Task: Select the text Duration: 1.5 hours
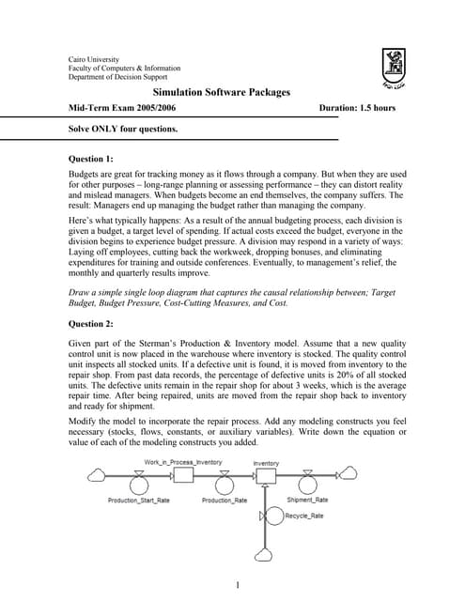[x=358, y=108]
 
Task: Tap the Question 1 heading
[x=98, y=159]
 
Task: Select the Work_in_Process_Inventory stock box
[x=183, y=475]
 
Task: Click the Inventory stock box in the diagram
[x=266, y=475]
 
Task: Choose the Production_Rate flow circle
[x=224, y=485]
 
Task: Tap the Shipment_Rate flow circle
[x=305, y=485]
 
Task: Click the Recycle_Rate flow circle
[x=274, y=515]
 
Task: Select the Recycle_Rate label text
[x=304, y=516]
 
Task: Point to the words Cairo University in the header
[x=95, y=59]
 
